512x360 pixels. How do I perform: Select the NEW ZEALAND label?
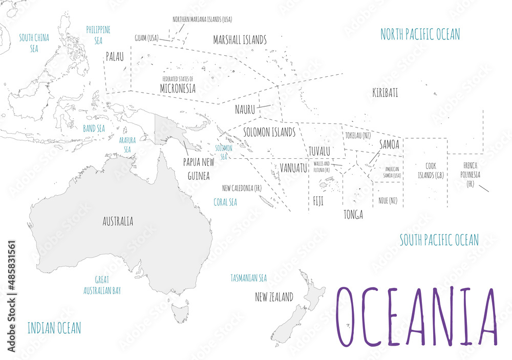274,297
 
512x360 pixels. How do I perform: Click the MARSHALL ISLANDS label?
240,40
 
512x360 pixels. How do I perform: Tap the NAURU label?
245,109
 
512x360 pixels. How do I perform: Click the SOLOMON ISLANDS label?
269,132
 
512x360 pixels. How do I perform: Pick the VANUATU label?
293,168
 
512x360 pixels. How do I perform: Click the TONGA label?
353,215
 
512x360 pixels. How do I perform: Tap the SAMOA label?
389,145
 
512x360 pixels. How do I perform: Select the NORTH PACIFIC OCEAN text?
420,34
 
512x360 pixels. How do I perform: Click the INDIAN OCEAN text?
54,328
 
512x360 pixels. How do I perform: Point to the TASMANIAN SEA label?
248,278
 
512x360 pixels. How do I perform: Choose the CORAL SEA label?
225,202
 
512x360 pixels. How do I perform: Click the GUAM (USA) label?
146,38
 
